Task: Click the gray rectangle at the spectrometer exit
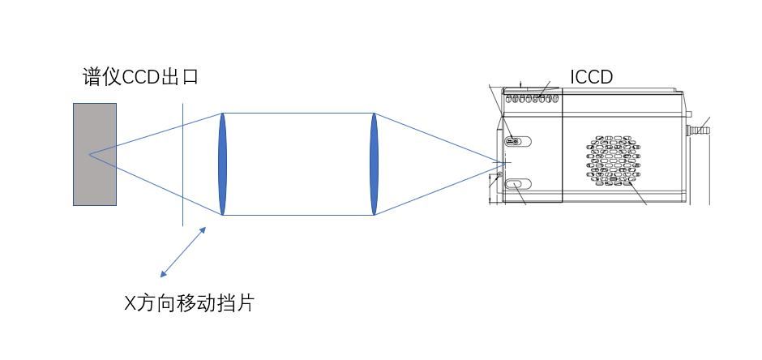(x=95, y=154)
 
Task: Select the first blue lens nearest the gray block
(x=223, y=164)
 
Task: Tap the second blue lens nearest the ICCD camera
(x=374, y=164)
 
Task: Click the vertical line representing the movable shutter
(x=182, y=165)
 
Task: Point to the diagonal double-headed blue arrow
(x=183, y=251)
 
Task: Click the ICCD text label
(x=592, y=77)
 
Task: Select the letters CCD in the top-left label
(x=140, y=77)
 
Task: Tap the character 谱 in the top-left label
(x=92, y=77)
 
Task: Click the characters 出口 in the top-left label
(x=180, y=77)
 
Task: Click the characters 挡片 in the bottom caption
(x=235, y=303)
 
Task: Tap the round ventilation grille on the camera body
(x=614, y=161)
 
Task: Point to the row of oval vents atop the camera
(x=532, y=99)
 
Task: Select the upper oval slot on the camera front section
(x=518, y=141)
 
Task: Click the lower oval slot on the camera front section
(x=518, y=184)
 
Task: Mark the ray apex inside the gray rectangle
(x=89, y=155)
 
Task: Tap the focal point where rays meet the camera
(x=503, y=162)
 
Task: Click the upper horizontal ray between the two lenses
(x=298, y=114)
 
